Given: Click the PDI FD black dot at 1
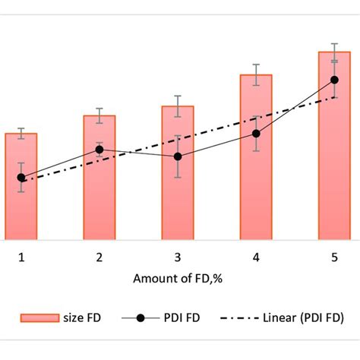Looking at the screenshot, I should tap(21, 178).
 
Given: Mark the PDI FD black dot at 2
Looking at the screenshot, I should tap(99, 150).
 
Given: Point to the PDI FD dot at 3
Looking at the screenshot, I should tap(178, 156).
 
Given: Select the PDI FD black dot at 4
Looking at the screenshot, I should tap(256, 134).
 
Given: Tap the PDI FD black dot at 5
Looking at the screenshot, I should tap(334, 80).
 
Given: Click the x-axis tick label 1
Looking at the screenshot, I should tap(21, 258).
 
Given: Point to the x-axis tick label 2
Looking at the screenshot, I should tap(99, 258).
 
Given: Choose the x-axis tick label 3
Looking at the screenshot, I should tap(178, 258).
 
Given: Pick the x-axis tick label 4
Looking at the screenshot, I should tap(256, 258).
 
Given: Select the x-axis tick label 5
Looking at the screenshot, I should tap(334, 258).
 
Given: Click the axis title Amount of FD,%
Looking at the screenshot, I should tap(178, 279).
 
